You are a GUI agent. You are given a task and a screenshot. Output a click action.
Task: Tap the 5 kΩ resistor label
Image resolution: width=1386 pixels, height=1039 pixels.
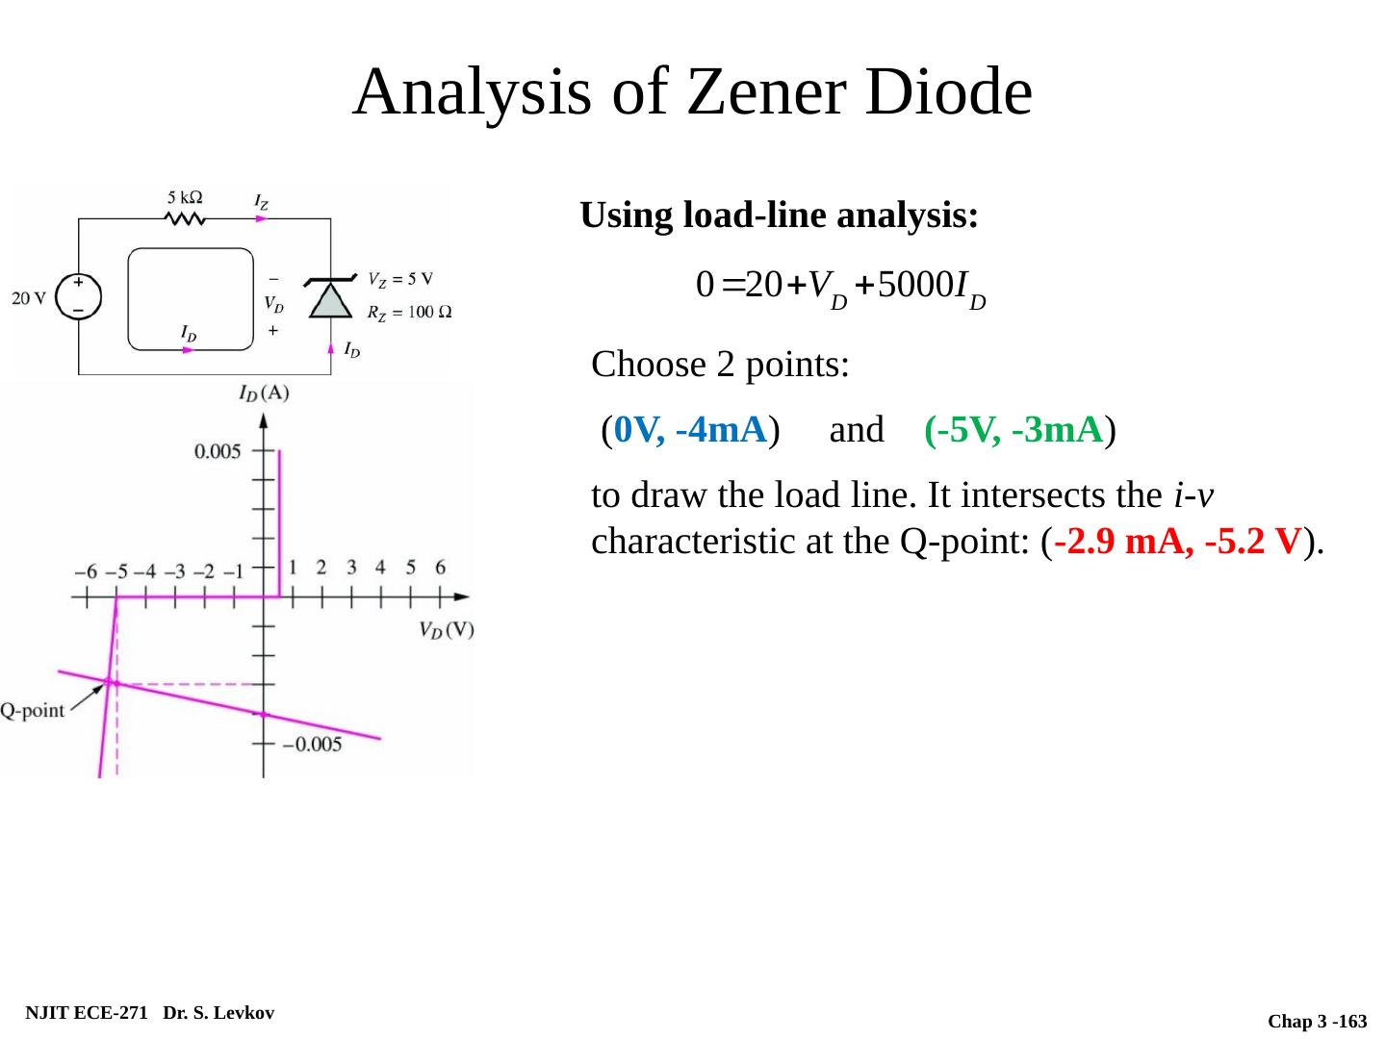185,197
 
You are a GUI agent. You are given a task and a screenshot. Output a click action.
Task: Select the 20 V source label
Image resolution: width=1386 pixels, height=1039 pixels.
29,297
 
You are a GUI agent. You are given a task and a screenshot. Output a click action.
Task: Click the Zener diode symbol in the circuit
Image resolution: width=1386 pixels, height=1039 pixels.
330,297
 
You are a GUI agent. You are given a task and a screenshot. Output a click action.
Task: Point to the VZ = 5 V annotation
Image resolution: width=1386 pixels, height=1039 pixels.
400,279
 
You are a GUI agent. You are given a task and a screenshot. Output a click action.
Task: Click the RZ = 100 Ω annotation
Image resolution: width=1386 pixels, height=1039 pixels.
409,312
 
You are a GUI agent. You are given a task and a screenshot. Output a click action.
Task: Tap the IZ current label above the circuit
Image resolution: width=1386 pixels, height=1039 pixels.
261,202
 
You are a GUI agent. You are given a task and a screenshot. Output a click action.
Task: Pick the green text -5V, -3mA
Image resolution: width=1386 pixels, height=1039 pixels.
1013,429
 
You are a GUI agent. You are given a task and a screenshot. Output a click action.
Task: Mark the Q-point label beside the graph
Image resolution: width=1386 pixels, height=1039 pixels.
33,711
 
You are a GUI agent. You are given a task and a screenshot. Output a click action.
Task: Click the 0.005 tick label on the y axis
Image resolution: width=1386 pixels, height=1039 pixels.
218,451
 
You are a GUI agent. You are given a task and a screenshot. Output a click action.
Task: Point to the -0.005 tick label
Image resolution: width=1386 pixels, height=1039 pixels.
310,744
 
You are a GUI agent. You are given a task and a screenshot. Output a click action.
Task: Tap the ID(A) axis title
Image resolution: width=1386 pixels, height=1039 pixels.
264,393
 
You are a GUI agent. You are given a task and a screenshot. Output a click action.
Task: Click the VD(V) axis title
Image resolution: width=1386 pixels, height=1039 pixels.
446,630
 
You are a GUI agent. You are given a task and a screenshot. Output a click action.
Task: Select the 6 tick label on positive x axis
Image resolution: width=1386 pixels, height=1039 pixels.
440,567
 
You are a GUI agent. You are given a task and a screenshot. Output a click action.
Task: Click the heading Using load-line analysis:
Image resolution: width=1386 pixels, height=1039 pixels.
780,215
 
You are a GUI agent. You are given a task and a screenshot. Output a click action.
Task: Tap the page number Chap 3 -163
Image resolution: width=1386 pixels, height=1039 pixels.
1317,1021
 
